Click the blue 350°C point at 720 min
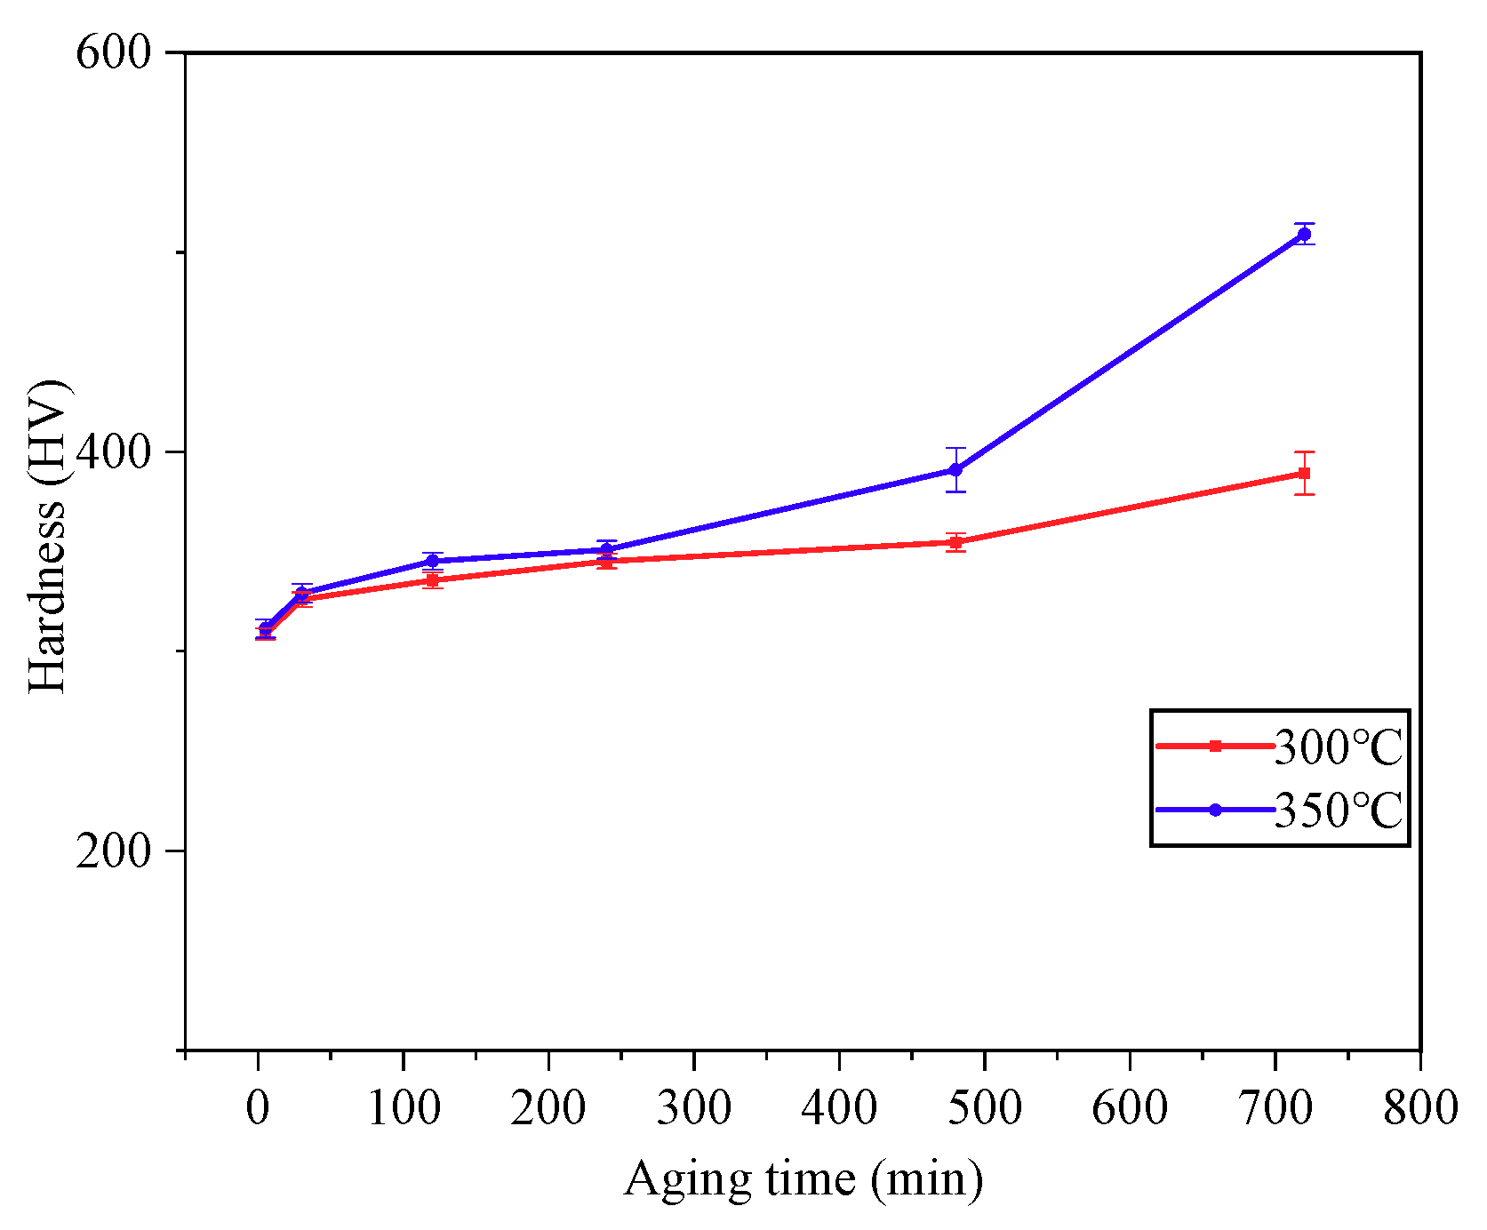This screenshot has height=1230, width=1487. [1304, 235]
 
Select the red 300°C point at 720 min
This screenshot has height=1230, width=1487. [1304, 474]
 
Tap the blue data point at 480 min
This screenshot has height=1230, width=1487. [955, 470]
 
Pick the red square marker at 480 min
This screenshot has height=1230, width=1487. [955, 542]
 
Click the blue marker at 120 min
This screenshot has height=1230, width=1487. [433, 561]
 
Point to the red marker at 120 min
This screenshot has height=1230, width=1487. [433, 580]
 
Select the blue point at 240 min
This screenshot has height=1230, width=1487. [607, 550]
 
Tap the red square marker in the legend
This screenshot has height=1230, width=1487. [1216, 747]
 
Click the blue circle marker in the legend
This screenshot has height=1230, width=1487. [1216, 810]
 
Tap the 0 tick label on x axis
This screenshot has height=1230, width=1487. [258, 1108]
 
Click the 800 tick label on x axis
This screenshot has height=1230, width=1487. [1419, 1108]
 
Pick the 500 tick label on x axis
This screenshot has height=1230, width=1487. [984, 1108]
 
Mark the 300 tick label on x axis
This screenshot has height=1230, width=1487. [693, 1108]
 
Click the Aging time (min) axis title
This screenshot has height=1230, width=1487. [803, 1180]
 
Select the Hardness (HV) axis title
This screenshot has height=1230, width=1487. [48, 537]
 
